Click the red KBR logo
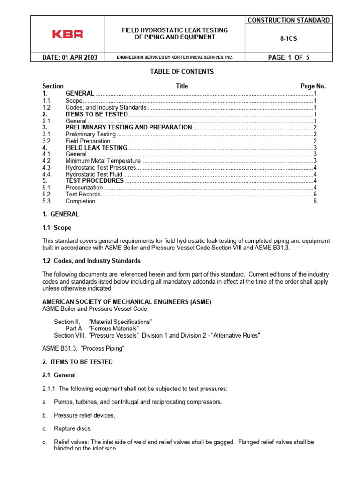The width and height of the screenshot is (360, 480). tap(67, 34)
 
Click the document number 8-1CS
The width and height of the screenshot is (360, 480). tap(288, 40)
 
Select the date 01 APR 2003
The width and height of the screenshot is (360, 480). tap(70, 58)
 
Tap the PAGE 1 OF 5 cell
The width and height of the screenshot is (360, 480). tap(288, 58)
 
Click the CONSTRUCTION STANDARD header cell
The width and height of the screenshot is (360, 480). tap(288, 20)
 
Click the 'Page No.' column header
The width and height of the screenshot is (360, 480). tap(313, 86)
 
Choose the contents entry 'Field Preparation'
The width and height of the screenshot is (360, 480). tap(88, 141)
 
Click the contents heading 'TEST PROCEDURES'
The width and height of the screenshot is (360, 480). tap(95, 180)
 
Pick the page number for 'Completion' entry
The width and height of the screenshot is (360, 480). tap(315, 201)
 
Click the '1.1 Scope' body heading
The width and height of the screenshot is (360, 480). tap(57, 228)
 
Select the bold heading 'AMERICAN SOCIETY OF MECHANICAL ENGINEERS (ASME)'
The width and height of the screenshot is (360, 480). tap(127, 302)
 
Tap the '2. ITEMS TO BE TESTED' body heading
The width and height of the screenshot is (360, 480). tap(77, 362)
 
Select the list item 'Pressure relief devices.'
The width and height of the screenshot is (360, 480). tap(84, 415)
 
